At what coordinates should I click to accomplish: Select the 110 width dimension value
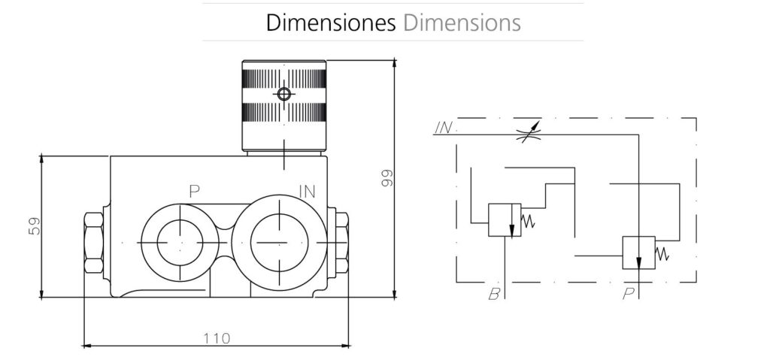[x=217, y=337]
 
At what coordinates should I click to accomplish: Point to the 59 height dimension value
[x=34, y=226]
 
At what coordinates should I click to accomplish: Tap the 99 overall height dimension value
[x=387, y=178]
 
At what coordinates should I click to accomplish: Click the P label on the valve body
[x=194, y=191]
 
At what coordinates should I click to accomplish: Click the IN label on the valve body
[x=306, y=191]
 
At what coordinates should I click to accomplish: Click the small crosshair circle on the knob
[x=283, y=94]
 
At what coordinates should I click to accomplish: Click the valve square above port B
[x=505, y=220]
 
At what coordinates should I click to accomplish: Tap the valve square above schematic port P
[x=638, y=253]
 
